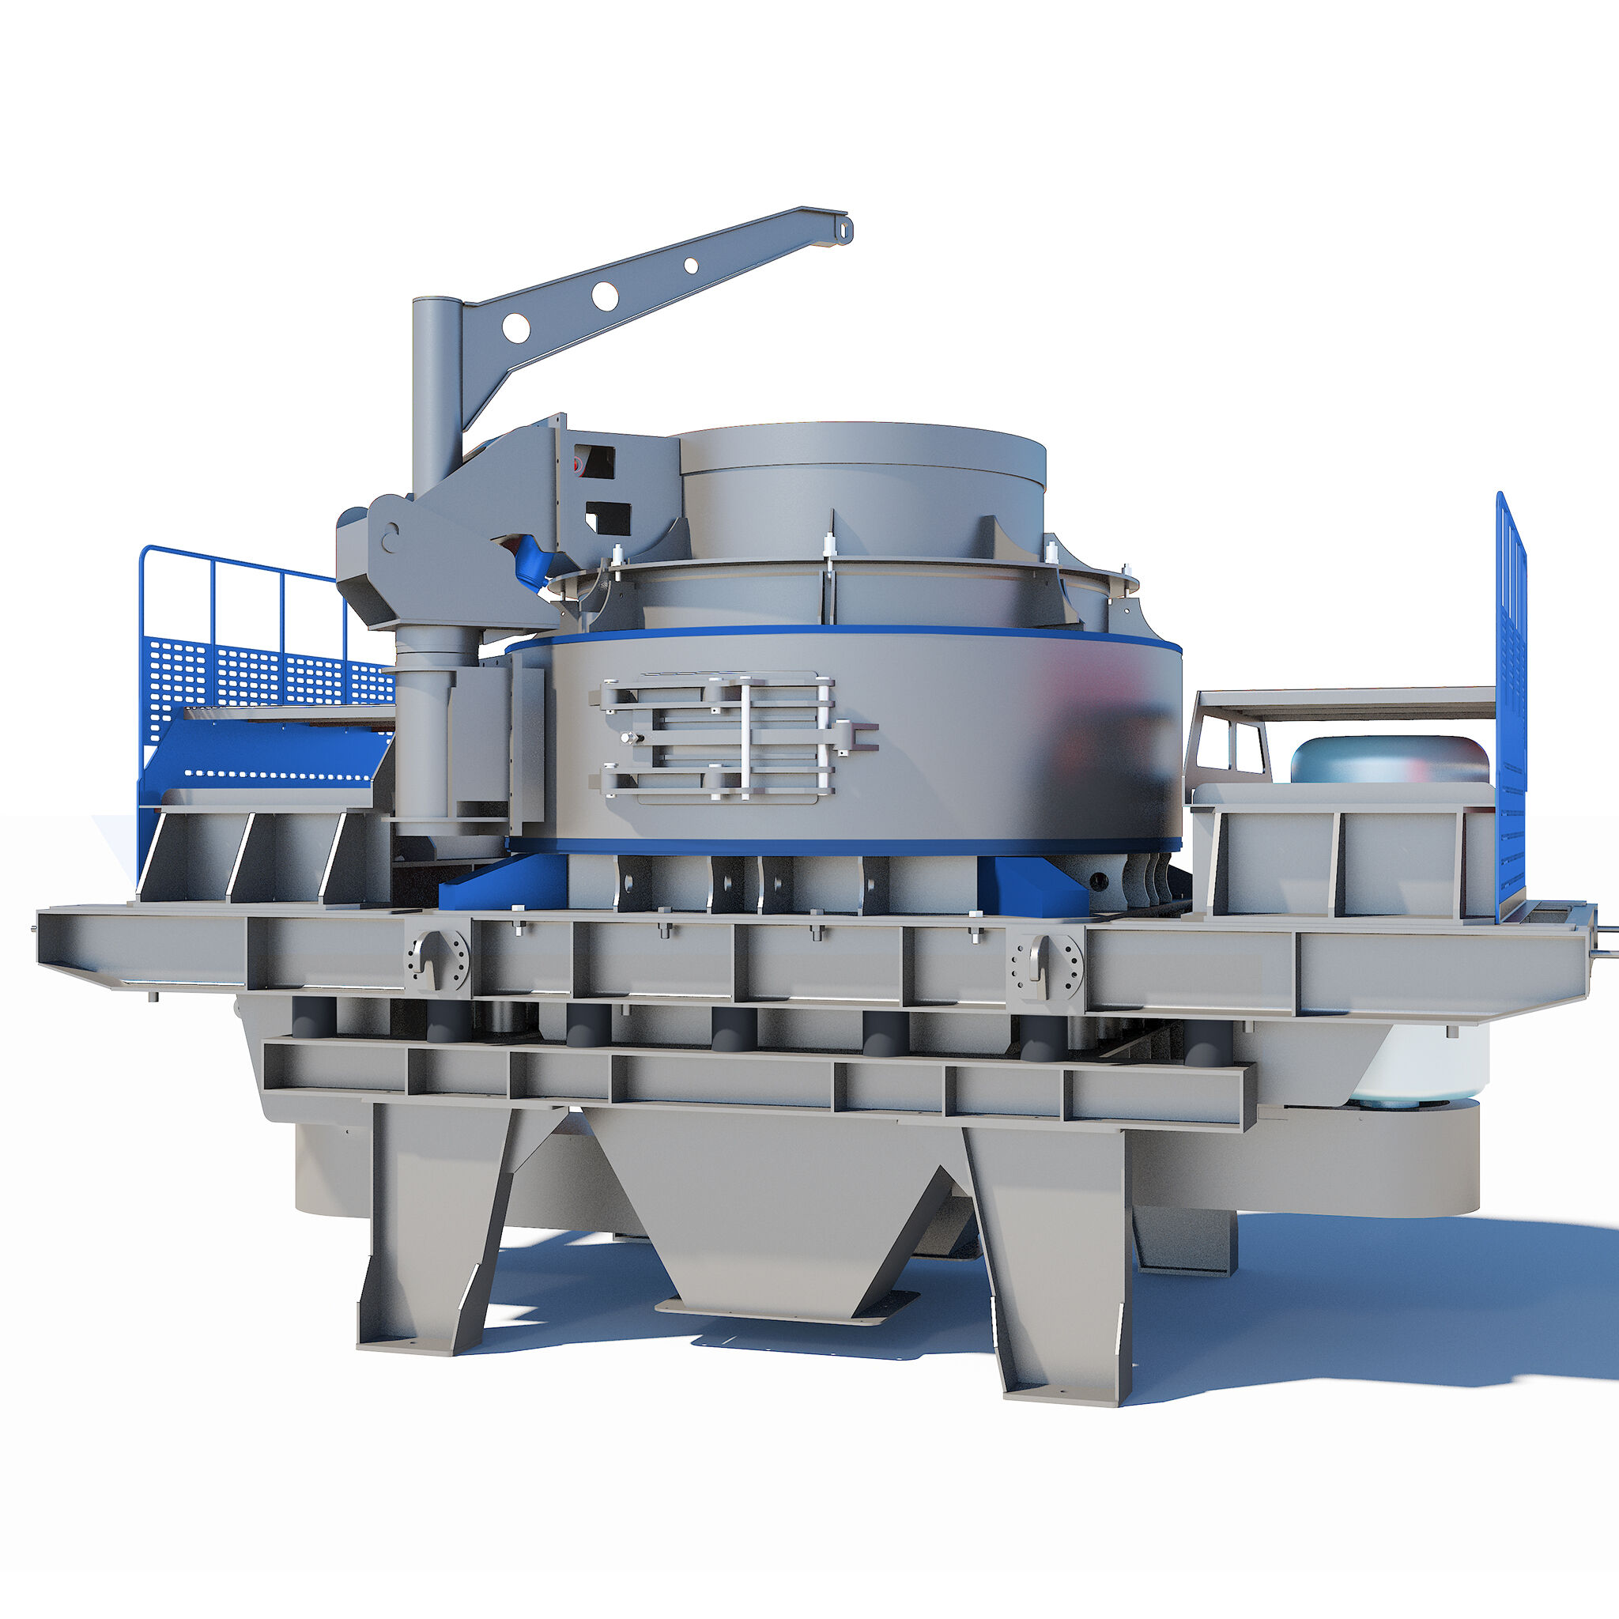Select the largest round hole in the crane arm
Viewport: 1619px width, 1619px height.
click(x=516, y=326)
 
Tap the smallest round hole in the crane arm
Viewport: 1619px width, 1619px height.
click(x=692, y=265)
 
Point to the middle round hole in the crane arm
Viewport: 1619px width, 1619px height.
click(x=604, y=296)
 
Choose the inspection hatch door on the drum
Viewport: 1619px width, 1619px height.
click(x=726, y=737)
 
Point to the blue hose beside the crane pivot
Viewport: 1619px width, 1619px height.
click(x=533, y=561)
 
